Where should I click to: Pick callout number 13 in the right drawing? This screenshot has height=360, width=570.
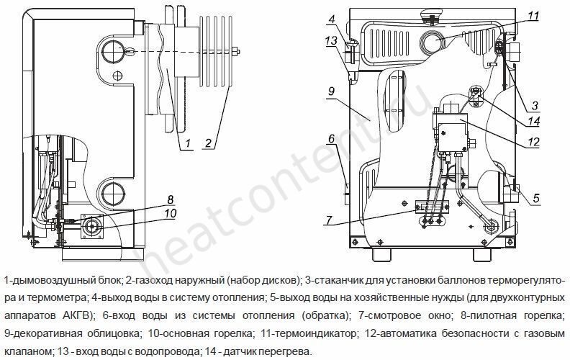tap(331, 41)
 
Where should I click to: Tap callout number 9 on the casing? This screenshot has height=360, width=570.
tap(331, 91)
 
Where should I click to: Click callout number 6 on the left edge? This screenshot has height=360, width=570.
tap(331, 138)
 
